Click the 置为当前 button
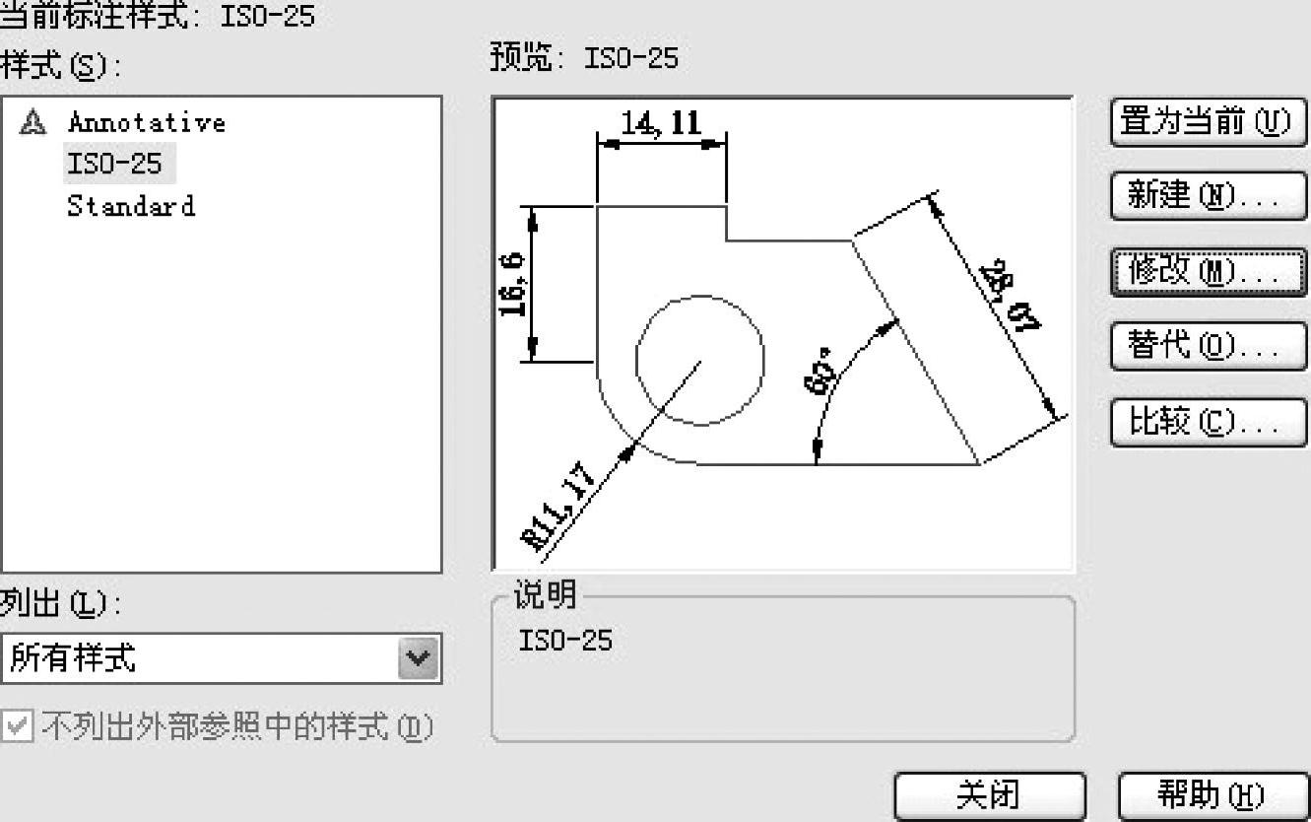tap(1208, 123)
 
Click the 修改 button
tap(1208, 271)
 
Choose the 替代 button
tap(1208, 346)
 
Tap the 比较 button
tap(1208, 422)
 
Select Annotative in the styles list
tap(146, 122)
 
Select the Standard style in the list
tap(130, 206)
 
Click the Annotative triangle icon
tap(33, 122)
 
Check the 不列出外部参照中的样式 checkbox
tap(17, 727)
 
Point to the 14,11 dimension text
tap(660, 123)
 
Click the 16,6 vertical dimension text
tap(512, 285)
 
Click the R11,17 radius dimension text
tap(558, 506)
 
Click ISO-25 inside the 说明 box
tap(564, 642)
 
